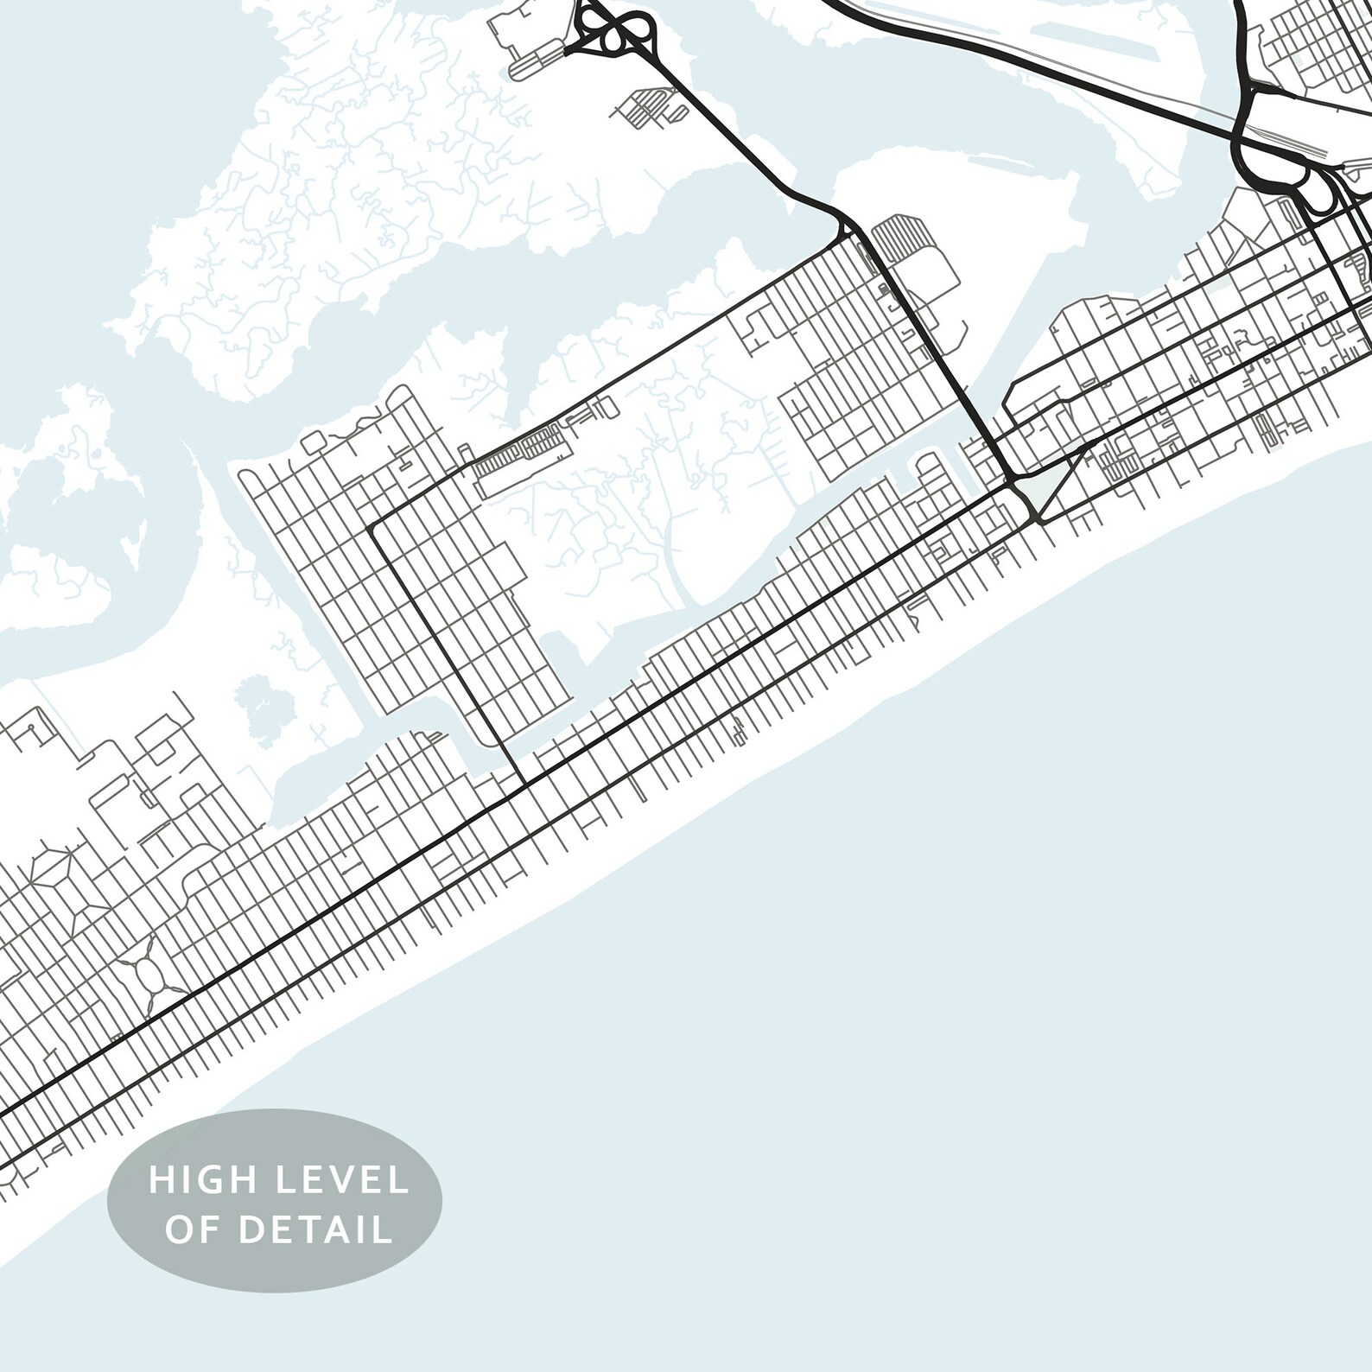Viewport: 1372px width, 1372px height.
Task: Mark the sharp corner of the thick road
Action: coord(373,524)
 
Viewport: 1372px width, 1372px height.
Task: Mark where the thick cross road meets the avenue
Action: coord(524,784)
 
